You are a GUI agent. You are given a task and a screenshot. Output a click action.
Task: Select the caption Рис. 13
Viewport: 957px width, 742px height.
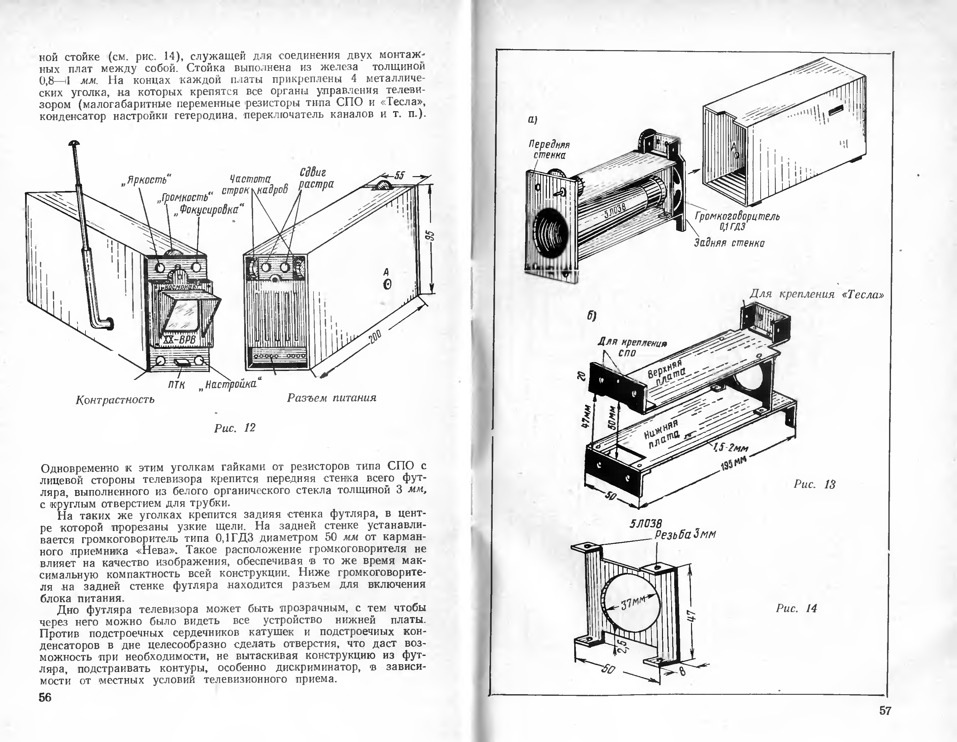point(814,484)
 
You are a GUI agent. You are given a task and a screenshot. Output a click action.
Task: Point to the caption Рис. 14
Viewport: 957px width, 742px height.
point(796,608)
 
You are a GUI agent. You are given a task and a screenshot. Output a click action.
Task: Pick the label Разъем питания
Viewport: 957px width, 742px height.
point(332,398)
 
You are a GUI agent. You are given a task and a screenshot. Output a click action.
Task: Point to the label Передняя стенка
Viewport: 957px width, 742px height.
point(549,149)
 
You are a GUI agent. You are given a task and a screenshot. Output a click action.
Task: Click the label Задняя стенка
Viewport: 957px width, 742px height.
point(729,243)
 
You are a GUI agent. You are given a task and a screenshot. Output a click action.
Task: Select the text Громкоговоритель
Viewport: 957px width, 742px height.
point(737,216)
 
